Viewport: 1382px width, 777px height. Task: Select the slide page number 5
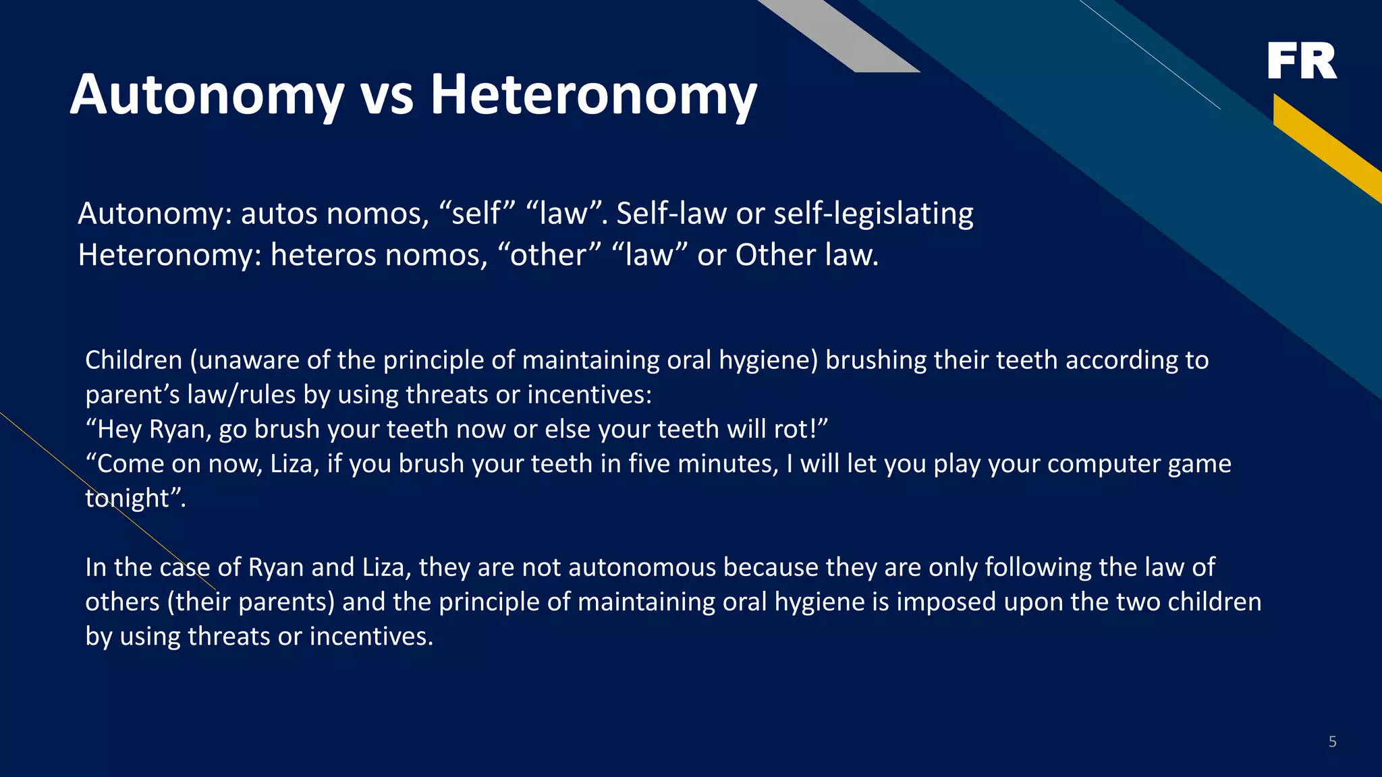click(1332, 742)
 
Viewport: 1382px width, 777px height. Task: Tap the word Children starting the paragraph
click(134, 360)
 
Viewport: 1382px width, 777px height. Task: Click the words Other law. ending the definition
click(807, 256)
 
